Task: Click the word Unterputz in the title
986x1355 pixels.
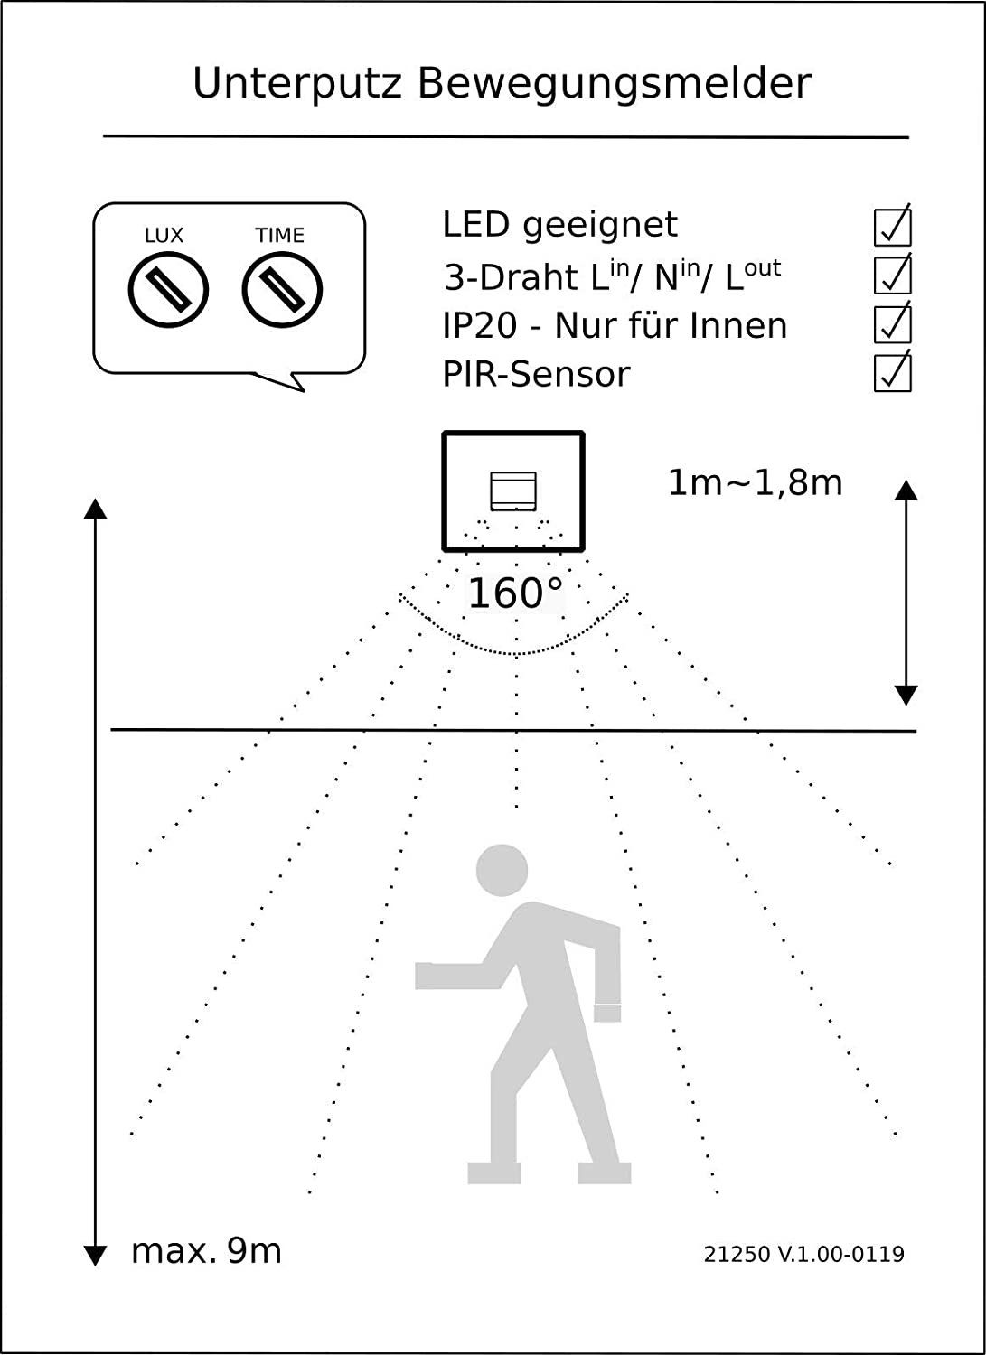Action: [297, 83]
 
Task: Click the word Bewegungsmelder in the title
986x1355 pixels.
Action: [615, 83]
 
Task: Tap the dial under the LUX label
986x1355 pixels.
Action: [168, 290]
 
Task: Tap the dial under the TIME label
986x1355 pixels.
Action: [282, 290]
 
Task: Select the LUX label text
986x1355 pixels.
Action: [164, 235]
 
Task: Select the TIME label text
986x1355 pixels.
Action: [279, 235]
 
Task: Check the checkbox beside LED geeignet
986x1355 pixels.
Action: [893, 227]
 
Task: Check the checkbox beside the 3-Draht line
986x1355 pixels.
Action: [893, 276]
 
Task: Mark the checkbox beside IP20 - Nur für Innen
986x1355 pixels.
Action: [893, 324]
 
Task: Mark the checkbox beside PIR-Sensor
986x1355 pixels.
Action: [893, 372]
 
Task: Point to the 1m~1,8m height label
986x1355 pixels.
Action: [755, 483]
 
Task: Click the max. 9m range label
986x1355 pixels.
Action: [206, 1251]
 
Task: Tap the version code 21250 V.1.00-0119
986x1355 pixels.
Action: [803, 1254]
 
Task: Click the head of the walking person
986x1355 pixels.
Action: [502, 870]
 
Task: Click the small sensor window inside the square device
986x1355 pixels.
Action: [513, 491]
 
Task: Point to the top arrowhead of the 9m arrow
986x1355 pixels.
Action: [95, 509]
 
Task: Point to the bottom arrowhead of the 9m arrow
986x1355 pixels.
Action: [95, 1256]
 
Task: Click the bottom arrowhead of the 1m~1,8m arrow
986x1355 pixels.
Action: [906, 696]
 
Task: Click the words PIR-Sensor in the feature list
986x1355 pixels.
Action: [536, 374]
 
